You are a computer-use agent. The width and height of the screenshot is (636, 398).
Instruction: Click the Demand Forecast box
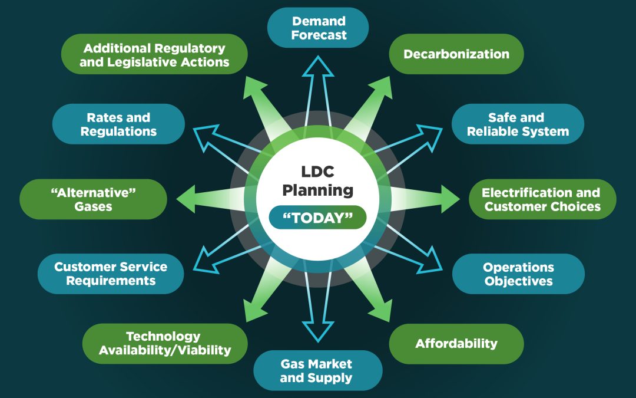click(x=318, y=28)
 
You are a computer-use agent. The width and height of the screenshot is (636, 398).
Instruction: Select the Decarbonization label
click(x=456, y=54)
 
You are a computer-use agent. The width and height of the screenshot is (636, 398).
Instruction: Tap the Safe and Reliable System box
click(x=518, y=124)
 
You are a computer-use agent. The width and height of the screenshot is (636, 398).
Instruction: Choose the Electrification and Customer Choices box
click(x=542, y=199)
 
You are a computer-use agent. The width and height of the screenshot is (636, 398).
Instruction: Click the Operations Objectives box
click(x=518, y=274)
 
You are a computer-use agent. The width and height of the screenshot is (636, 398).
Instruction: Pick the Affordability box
click(x=456, y=343)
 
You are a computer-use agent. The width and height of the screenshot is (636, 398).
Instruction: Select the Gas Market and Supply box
click(x=318, y=370)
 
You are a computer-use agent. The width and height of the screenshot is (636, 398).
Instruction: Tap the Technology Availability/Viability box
click(x=165, y=343)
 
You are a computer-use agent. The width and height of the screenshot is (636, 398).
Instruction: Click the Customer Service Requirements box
click(x=111, y=274)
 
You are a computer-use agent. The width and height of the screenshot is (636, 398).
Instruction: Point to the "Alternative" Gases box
click(x=93, y=199)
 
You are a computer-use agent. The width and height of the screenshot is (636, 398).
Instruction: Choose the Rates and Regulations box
click(x=118, y=124)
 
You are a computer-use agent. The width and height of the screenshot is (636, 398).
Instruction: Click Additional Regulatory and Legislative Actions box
click(x=154, y=54)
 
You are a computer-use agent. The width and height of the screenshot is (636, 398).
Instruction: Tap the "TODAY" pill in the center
click(x=318, y=218)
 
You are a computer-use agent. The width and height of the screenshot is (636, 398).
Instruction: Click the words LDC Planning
click(x=318, y=182)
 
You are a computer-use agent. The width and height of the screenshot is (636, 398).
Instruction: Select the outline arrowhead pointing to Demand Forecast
click(x=318, y=68)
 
